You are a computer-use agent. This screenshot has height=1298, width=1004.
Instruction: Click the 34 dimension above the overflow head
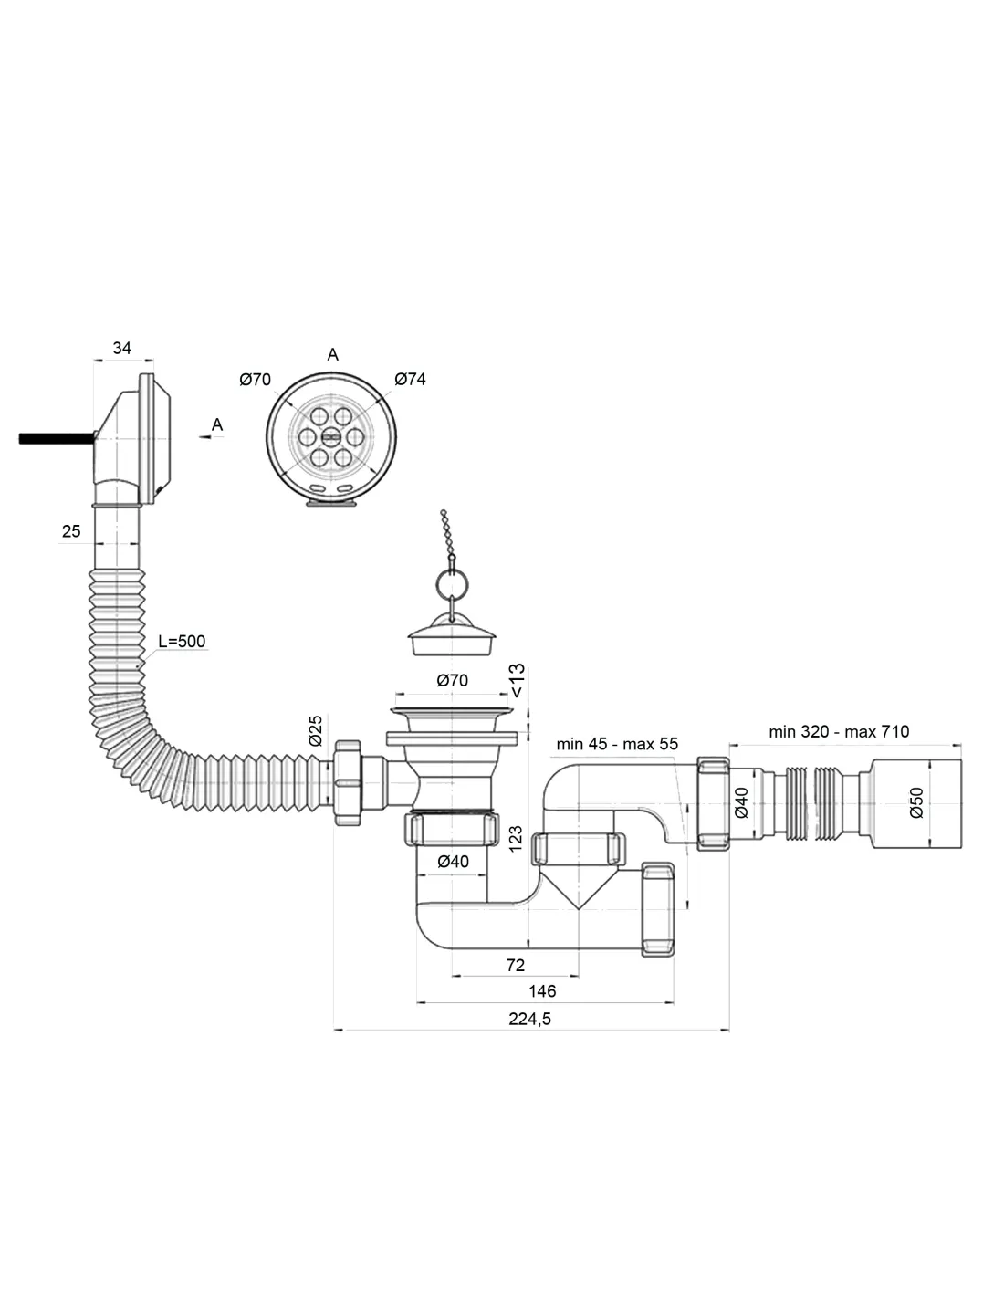click(x=121, y=348)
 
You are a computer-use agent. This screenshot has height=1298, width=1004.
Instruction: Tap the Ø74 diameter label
click(x=410, y=379)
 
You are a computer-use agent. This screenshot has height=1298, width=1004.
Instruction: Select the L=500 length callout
click(x=182, y=641)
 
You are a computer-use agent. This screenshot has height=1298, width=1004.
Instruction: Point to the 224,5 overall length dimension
click(x=530, y=1019)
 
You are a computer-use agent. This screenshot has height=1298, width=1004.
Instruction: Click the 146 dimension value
click(x=541, y=990)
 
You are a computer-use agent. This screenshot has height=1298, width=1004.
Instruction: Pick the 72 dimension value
click(x=515, y=964)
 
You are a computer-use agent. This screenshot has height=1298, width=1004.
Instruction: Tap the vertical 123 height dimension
click(x=516, y=839)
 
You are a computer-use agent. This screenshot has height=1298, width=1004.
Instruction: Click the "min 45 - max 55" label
click(x=617, y=744)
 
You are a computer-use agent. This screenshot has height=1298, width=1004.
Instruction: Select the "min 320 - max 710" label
click(x=839, y=731)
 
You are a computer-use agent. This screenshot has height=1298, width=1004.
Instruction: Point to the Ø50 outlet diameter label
click(x=917, y=802)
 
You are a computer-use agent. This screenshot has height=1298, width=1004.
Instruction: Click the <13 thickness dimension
click(x=517, y=680)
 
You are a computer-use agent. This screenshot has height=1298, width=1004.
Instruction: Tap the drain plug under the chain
click(x=453, y=635)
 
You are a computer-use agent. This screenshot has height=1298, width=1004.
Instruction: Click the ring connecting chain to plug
click(x=451, y=581)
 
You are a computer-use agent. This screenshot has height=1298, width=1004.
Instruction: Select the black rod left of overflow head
click(x=55, y=438)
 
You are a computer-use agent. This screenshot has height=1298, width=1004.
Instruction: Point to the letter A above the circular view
click(x=332, y=354)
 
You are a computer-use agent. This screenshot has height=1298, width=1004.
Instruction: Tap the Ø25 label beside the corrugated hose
click(x=316, y=730)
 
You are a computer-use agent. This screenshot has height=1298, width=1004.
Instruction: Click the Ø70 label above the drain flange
click(x=452, y=680)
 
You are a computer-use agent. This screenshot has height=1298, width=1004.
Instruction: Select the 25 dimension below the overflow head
click(x=71, y=530)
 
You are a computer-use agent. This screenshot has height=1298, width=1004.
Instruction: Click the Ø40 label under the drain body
click(x=453, y=861)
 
